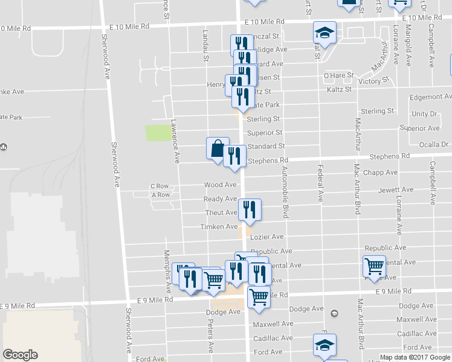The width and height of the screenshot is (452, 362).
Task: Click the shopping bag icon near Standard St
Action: pyautogui.click(x=218, y=148)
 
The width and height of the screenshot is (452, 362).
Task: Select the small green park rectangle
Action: pyautogui.click(x=158, y=133)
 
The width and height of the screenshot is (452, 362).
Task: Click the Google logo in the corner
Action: pyautogui.click(x=20, y=355)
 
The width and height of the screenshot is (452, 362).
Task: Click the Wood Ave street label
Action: pyautogui.click(x=220, y=185)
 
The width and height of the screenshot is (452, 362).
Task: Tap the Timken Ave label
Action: pyautogui.click(x=219, y=226)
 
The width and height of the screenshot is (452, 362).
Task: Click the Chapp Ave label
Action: pyautogui.click(x=381, y=173)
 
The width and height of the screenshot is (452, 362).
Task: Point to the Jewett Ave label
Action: pyautogui.click(x=396, y=189)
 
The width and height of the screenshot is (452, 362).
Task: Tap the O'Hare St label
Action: pyautogui.click(x=338, y=75)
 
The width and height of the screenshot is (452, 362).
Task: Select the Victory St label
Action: pyautogui.click(x=373, y=81)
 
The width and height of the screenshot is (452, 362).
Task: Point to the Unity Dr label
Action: pyautogui.click(x=424, y=113)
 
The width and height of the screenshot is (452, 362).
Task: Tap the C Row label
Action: pyautogui.click(x=160, y=186)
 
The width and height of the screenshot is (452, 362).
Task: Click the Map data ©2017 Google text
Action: pyautogui.click(x=415, y=357)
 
